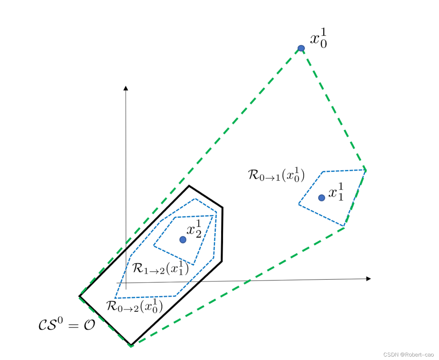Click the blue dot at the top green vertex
click(x=301, y=48)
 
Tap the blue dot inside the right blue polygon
click(x=321, y=197)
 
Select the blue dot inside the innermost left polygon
click(x=183, y=239)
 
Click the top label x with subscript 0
click(x=319, y=38)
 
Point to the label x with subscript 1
click(x=336, y=192)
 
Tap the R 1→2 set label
click(x=161, y=268)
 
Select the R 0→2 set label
click(x=134, y=306)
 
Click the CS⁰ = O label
click(x=67, y=324)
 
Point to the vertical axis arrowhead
click(x=126, y=88)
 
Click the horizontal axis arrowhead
click(x=369, y=279)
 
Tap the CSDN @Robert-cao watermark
click(x=408, y=355)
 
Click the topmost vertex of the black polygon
click(x=189, y=186)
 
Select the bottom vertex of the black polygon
click(x=131, y=344)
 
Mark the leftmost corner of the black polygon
click(x=80, y=296)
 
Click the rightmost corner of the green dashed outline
click(x=366, y=170)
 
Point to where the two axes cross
click(x=126, y=283)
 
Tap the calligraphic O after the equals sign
click(x=90, y=325)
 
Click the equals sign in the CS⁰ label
click(x=73, y=325)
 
